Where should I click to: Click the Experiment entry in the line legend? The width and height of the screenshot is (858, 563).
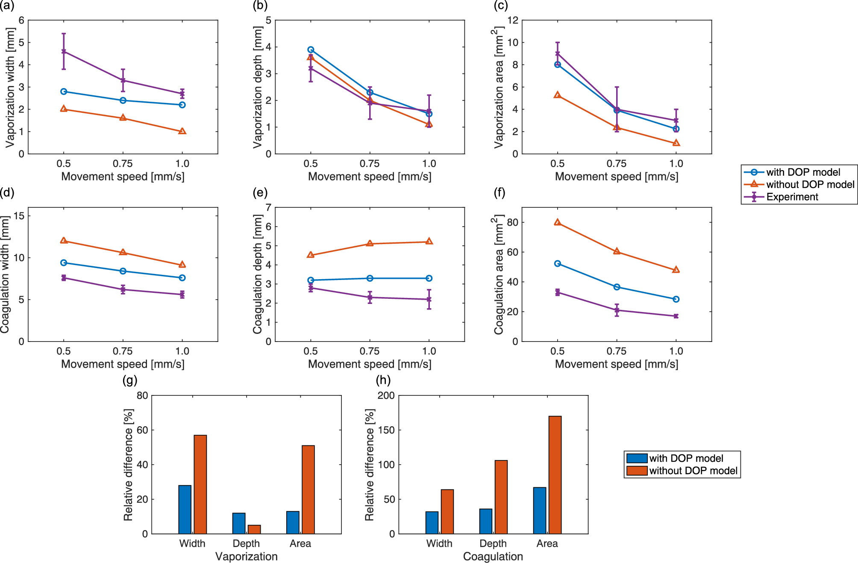pyautogui.click(x=792, y=197)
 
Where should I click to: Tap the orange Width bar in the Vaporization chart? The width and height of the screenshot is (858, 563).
pyautogui.click(x=200, y=484)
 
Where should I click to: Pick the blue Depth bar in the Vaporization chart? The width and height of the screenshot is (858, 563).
pyautogui.click(x=239, y=523)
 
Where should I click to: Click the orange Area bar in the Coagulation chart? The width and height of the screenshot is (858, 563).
pyautogui.click(x=555, y=475)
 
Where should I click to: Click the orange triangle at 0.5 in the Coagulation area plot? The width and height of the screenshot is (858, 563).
pyautogui.click(x=557, y=222)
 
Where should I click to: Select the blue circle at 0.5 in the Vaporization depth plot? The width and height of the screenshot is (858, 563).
pyautogui.click(x=311, y=50)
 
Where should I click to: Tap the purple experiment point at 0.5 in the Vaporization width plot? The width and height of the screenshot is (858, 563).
pyautogui.click(x=64, y=51)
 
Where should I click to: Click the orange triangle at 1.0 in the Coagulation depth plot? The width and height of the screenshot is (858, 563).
pyautogui.click(x=429, y=242)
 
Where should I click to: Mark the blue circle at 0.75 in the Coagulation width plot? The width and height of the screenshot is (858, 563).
pyautogui.click(x=123, y=271)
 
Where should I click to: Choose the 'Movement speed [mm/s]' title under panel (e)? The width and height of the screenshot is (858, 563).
pyautogui.click(x=370, y=364)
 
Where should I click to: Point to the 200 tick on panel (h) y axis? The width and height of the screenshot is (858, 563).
pyautogui.click(x=386, y=395)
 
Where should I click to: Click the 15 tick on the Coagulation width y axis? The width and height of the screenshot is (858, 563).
pyautogui.click(x=19, y=216)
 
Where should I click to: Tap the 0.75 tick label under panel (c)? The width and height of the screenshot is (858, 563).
pyautogui.click(x=616, y=164)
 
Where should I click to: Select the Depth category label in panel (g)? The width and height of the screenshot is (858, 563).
pyautogui.click(x=246, y=544)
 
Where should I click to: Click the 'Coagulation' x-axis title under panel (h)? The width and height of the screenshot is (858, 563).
pyautogui.click(x=493, y=557)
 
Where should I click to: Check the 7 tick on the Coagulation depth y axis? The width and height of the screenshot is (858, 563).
pyautogui.click(x=268, y=208)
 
